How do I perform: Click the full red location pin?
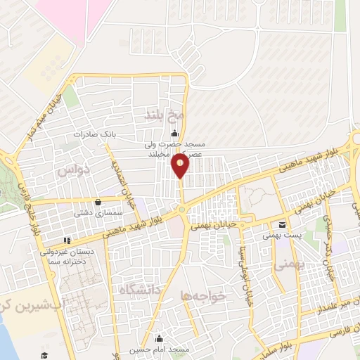pyautogui.click(x=181, y=165)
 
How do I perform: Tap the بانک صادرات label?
pyautogui.click(x=97, y=134)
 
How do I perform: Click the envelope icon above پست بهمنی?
pyautogui.click(x=282, y=224)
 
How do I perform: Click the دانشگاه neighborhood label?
pyautogui.click(x=140, y=290)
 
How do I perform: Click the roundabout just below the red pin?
pyautogui.click(x=181, y=210)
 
